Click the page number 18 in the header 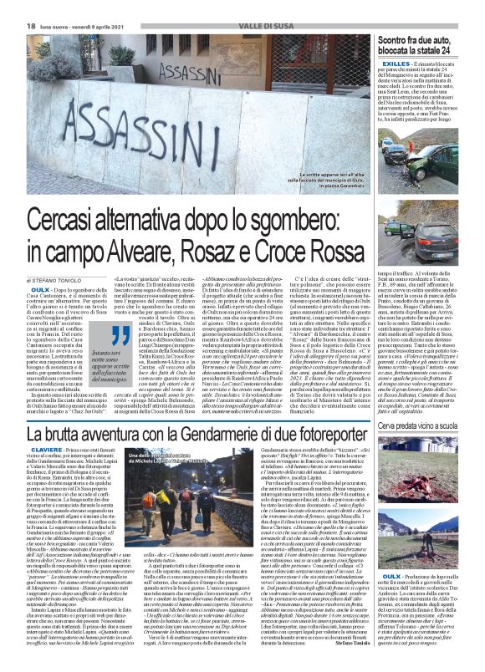11,6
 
